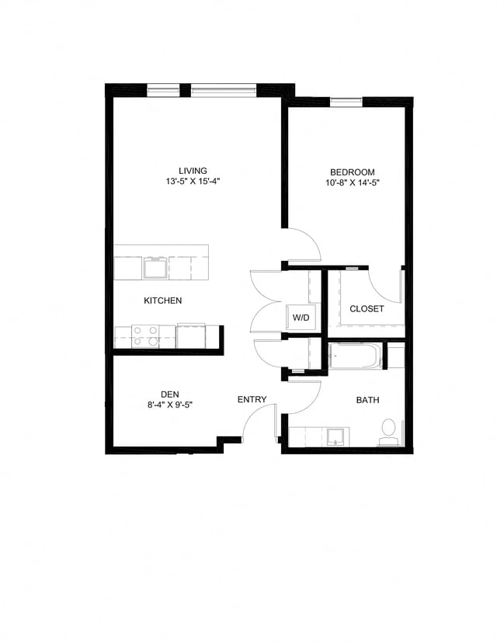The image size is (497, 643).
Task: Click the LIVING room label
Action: click(x=193, y=171)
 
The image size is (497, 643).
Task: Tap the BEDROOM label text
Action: click(x=353, y=172)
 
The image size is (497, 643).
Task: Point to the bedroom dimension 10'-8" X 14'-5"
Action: click(x=353, y=182)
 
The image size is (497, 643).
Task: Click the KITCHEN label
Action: click(x=163, y=301)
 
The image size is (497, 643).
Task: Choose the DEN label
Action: click(x=171, y=393)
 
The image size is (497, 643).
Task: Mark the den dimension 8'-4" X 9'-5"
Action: click(x=171, y=404)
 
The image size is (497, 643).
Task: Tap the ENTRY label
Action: click(x=252, y=400)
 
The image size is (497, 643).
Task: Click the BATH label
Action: click(x=367, y=401)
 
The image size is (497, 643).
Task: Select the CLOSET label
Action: click(x=367, y=309)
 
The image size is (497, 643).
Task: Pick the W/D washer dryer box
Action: click(x=300, y=317)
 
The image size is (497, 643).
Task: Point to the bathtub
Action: click(x=354, y=356)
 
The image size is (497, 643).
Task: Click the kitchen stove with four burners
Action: click(x=144, y=336)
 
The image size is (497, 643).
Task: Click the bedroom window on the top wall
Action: click(x=346, y=101)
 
